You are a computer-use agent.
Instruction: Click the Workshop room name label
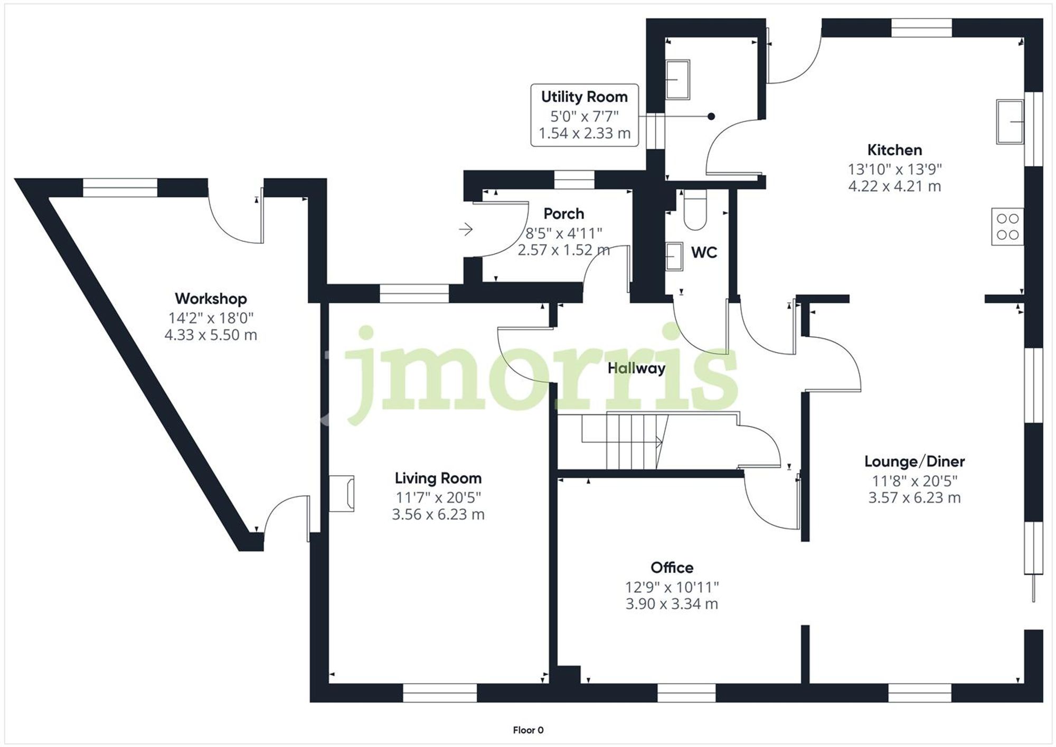[211, 299]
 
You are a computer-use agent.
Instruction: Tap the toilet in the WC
[695, 211]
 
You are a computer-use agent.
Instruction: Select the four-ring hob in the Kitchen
[1007, 226]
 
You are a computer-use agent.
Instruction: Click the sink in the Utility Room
[677, 80]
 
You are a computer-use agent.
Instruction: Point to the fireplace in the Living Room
[342, 493]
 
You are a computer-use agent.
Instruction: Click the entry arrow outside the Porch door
[466, 230]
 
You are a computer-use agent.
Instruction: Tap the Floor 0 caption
[528, 730]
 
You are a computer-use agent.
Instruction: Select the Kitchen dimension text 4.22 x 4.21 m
[894, 186]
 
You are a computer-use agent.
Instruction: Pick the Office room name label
[672, 568]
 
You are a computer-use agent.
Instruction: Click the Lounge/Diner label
[914, 461]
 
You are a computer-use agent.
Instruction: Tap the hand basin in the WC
[674, 257]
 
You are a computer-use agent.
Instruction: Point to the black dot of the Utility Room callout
[711, 117]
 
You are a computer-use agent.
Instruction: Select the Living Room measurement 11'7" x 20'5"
[438, 497]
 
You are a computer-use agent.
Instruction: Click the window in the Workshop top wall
[120, 188]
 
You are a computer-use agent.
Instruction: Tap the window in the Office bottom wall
[686, 693]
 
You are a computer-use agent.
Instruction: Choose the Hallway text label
[636, 368]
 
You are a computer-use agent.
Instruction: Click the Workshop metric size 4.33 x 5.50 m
[211, 335]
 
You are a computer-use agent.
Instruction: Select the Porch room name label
[564, 214]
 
